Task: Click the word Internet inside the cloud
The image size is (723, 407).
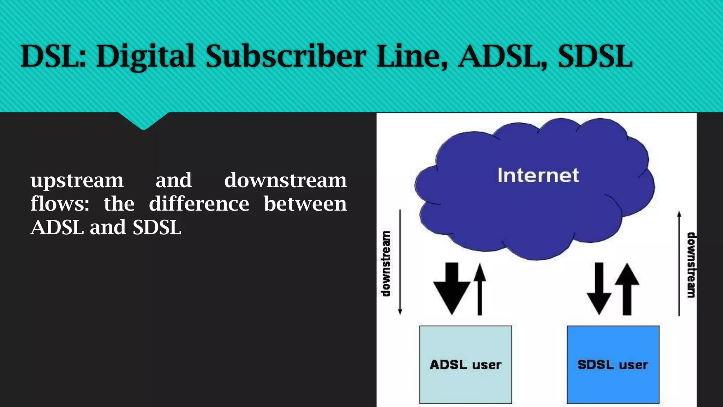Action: (x=538, y=175)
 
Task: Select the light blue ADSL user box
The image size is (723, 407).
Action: (x=465, y=364)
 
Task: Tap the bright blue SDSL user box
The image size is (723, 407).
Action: (x=613, y=364)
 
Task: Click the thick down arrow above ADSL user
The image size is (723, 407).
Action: (x=452, y=288)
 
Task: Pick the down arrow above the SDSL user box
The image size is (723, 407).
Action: (x=599, y=288)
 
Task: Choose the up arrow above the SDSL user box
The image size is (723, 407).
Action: (x=627, y=288)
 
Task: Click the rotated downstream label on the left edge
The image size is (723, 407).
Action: (x=386, y=264)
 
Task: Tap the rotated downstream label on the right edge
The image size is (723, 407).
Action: (x=691, y=265)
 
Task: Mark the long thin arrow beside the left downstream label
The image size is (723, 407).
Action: (x=400, y=261)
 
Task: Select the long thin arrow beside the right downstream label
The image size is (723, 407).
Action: (x=679, y=263)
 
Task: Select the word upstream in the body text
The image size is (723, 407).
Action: (x=77, y=181)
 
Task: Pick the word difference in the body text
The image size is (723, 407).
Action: (x=199, y=204)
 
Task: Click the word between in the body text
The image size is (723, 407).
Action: (x=305, y=204)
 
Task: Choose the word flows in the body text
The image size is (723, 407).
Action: (x=59, y=204)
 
